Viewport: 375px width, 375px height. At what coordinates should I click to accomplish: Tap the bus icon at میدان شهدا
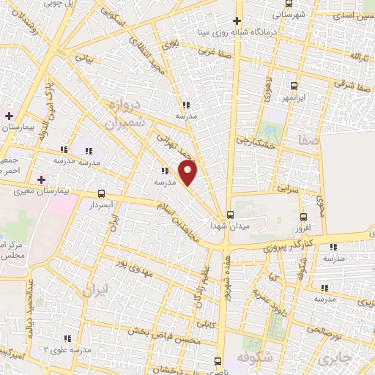point(231,215)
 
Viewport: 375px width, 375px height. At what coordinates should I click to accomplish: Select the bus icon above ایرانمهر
point(294,86)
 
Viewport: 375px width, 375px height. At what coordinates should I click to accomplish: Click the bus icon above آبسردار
point(101,194)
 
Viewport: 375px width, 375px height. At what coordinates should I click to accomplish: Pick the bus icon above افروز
point(305,216)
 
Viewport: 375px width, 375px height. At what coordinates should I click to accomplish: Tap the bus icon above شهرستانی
point(289,3)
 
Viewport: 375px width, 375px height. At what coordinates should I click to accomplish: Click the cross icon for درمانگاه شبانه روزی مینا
point(236,21)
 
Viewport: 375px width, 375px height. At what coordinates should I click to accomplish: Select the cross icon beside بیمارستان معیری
point(41,179)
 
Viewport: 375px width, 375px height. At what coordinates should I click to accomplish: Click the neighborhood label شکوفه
point(253,357)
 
